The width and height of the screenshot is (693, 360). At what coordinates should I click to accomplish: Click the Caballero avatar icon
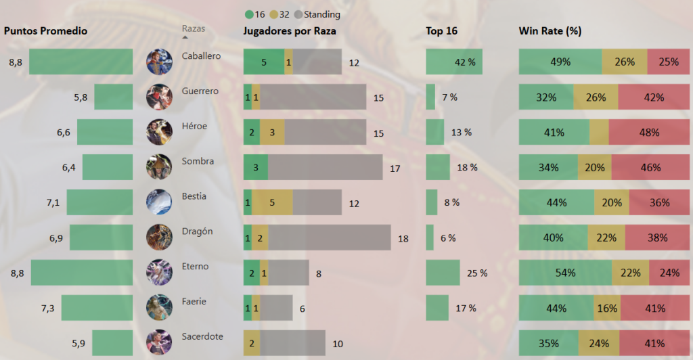(159, 62)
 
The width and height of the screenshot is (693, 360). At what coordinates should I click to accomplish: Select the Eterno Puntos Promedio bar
(81, 273)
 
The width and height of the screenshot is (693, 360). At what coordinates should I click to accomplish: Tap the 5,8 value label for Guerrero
(81, 97)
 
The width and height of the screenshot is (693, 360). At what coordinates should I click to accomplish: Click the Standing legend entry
(321, 14)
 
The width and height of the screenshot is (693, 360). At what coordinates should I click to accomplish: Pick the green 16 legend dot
(250, 14)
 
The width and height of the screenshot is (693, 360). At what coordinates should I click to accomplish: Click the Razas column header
(193, 29)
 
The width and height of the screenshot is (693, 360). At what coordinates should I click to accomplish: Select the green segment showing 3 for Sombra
(256, 167)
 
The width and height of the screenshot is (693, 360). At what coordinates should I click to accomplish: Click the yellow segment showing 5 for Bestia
(272, 202)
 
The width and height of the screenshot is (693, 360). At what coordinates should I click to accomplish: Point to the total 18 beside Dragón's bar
(403, 238)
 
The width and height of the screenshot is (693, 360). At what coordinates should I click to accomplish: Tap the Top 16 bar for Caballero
(453, 62)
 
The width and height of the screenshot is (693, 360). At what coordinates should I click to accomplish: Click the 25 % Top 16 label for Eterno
(476, 273)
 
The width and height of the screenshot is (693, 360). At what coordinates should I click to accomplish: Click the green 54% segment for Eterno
(565, 273)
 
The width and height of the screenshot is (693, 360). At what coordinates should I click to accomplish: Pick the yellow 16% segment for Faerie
(607, 308)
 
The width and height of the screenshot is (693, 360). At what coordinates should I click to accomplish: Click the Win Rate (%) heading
(550, 31)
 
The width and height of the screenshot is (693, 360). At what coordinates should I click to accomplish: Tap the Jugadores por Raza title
(289, 31)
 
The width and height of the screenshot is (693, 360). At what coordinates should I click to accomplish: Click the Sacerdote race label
(202, 336)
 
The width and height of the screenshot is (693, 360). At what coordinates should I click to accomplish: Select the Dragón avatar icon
(159, 237)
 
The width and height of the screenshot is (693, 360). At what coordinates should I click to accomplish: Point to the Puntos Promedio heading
(46, 31)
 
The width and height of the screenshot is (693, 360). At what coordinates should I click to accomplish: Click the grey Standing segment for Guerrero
(313, 97)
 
